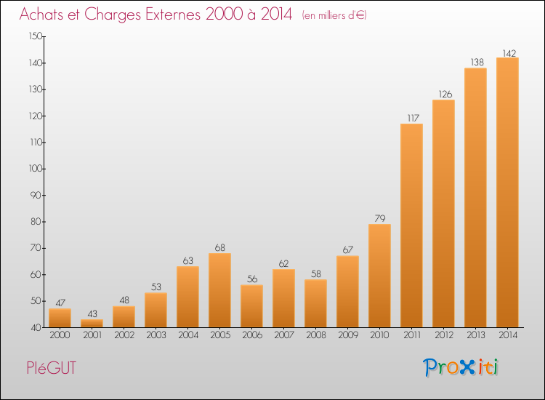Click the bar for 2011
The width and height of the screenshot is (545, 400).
[411, 225]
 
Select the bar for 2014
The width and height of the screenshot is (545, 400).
[507, 193]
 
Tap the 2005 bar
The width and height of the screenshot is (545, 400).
[219, 290]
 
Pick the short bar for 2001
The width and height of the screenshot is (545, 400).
[92, 324]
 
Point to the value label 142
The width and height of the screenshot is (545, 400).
[507, 53]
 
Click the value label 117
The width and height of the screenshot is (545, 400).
[411, 119]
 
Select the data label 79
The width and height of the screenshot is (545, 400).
[379, 219]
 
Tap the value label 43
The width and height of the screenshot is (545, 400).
[92, 314]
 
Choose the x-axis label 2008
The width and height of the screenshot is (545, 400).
[315, 335]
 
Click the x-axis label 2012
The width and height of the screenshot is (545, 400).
[443, 335]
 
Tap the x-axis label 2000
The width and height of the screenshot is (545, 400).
[60, 335]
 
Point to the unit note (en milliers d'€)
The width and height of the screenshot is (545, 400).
[334, 15]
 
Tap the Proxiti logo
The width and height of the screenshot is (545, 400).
[461, 367]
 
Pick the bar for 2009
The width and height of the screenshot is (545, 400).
[347, 292]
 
